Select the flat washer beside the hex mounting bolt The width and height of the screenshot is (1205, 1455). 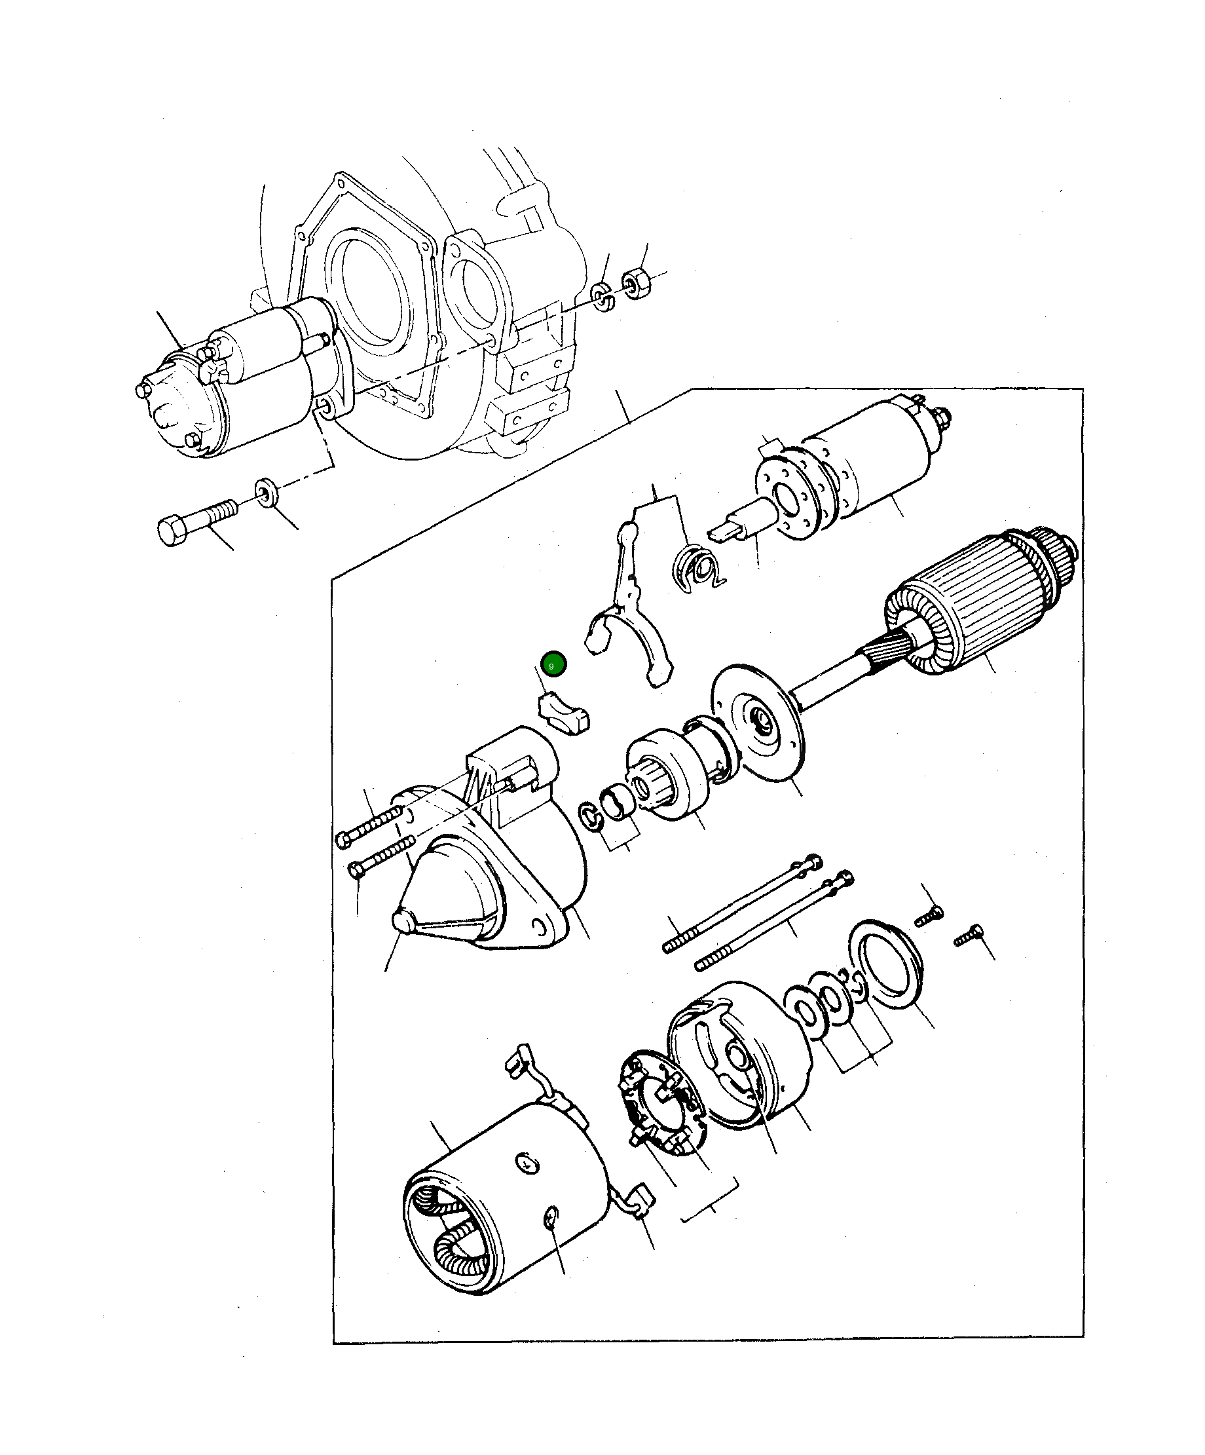(267, 492)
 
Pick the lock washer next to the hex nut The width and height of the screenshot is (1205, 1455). (602, 297)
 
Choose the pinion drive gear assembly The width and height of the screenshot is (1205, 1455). (668, 776)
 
